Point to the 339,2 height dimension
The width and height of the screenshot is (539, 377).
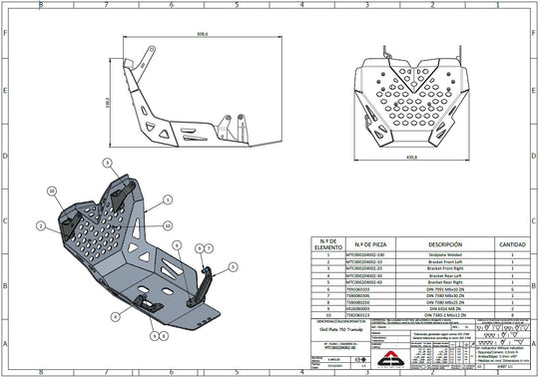[108, 103]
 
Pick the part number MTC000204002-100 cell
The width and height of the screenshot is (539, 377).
[365, 254]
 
